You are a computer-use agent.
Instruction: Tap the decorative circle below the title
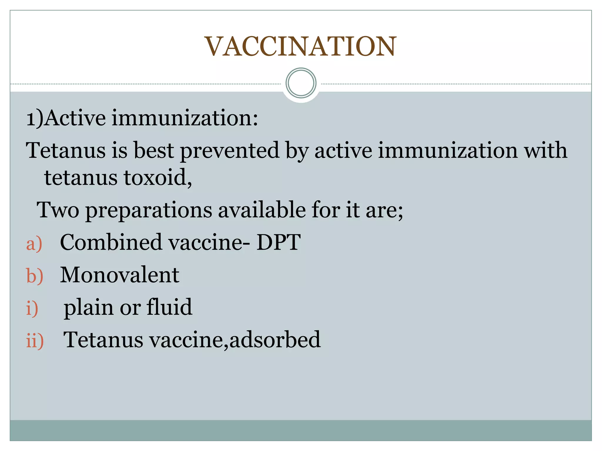[x=301, y=83]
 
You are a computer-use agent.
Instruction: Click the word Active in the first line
[x=75, y=118]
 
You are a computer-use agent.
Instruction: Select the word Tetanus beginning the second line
[x=66, y=150]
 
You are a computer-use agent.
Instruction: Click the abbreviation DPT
[x=278, y=242]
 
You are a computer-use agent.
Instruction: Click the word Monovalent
[x=120, y=275]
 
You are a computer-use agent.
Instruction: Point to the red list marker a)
[x=34, y=244]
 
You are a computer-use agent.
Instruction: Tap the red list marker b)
[x=35, y=276]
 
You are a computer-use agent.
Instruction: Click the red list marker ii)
[x=35, y=341]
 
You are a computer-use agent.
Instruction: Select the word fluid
[x=169, y=307]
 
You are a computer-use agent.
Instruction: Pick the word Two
[x=58, y=210]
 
